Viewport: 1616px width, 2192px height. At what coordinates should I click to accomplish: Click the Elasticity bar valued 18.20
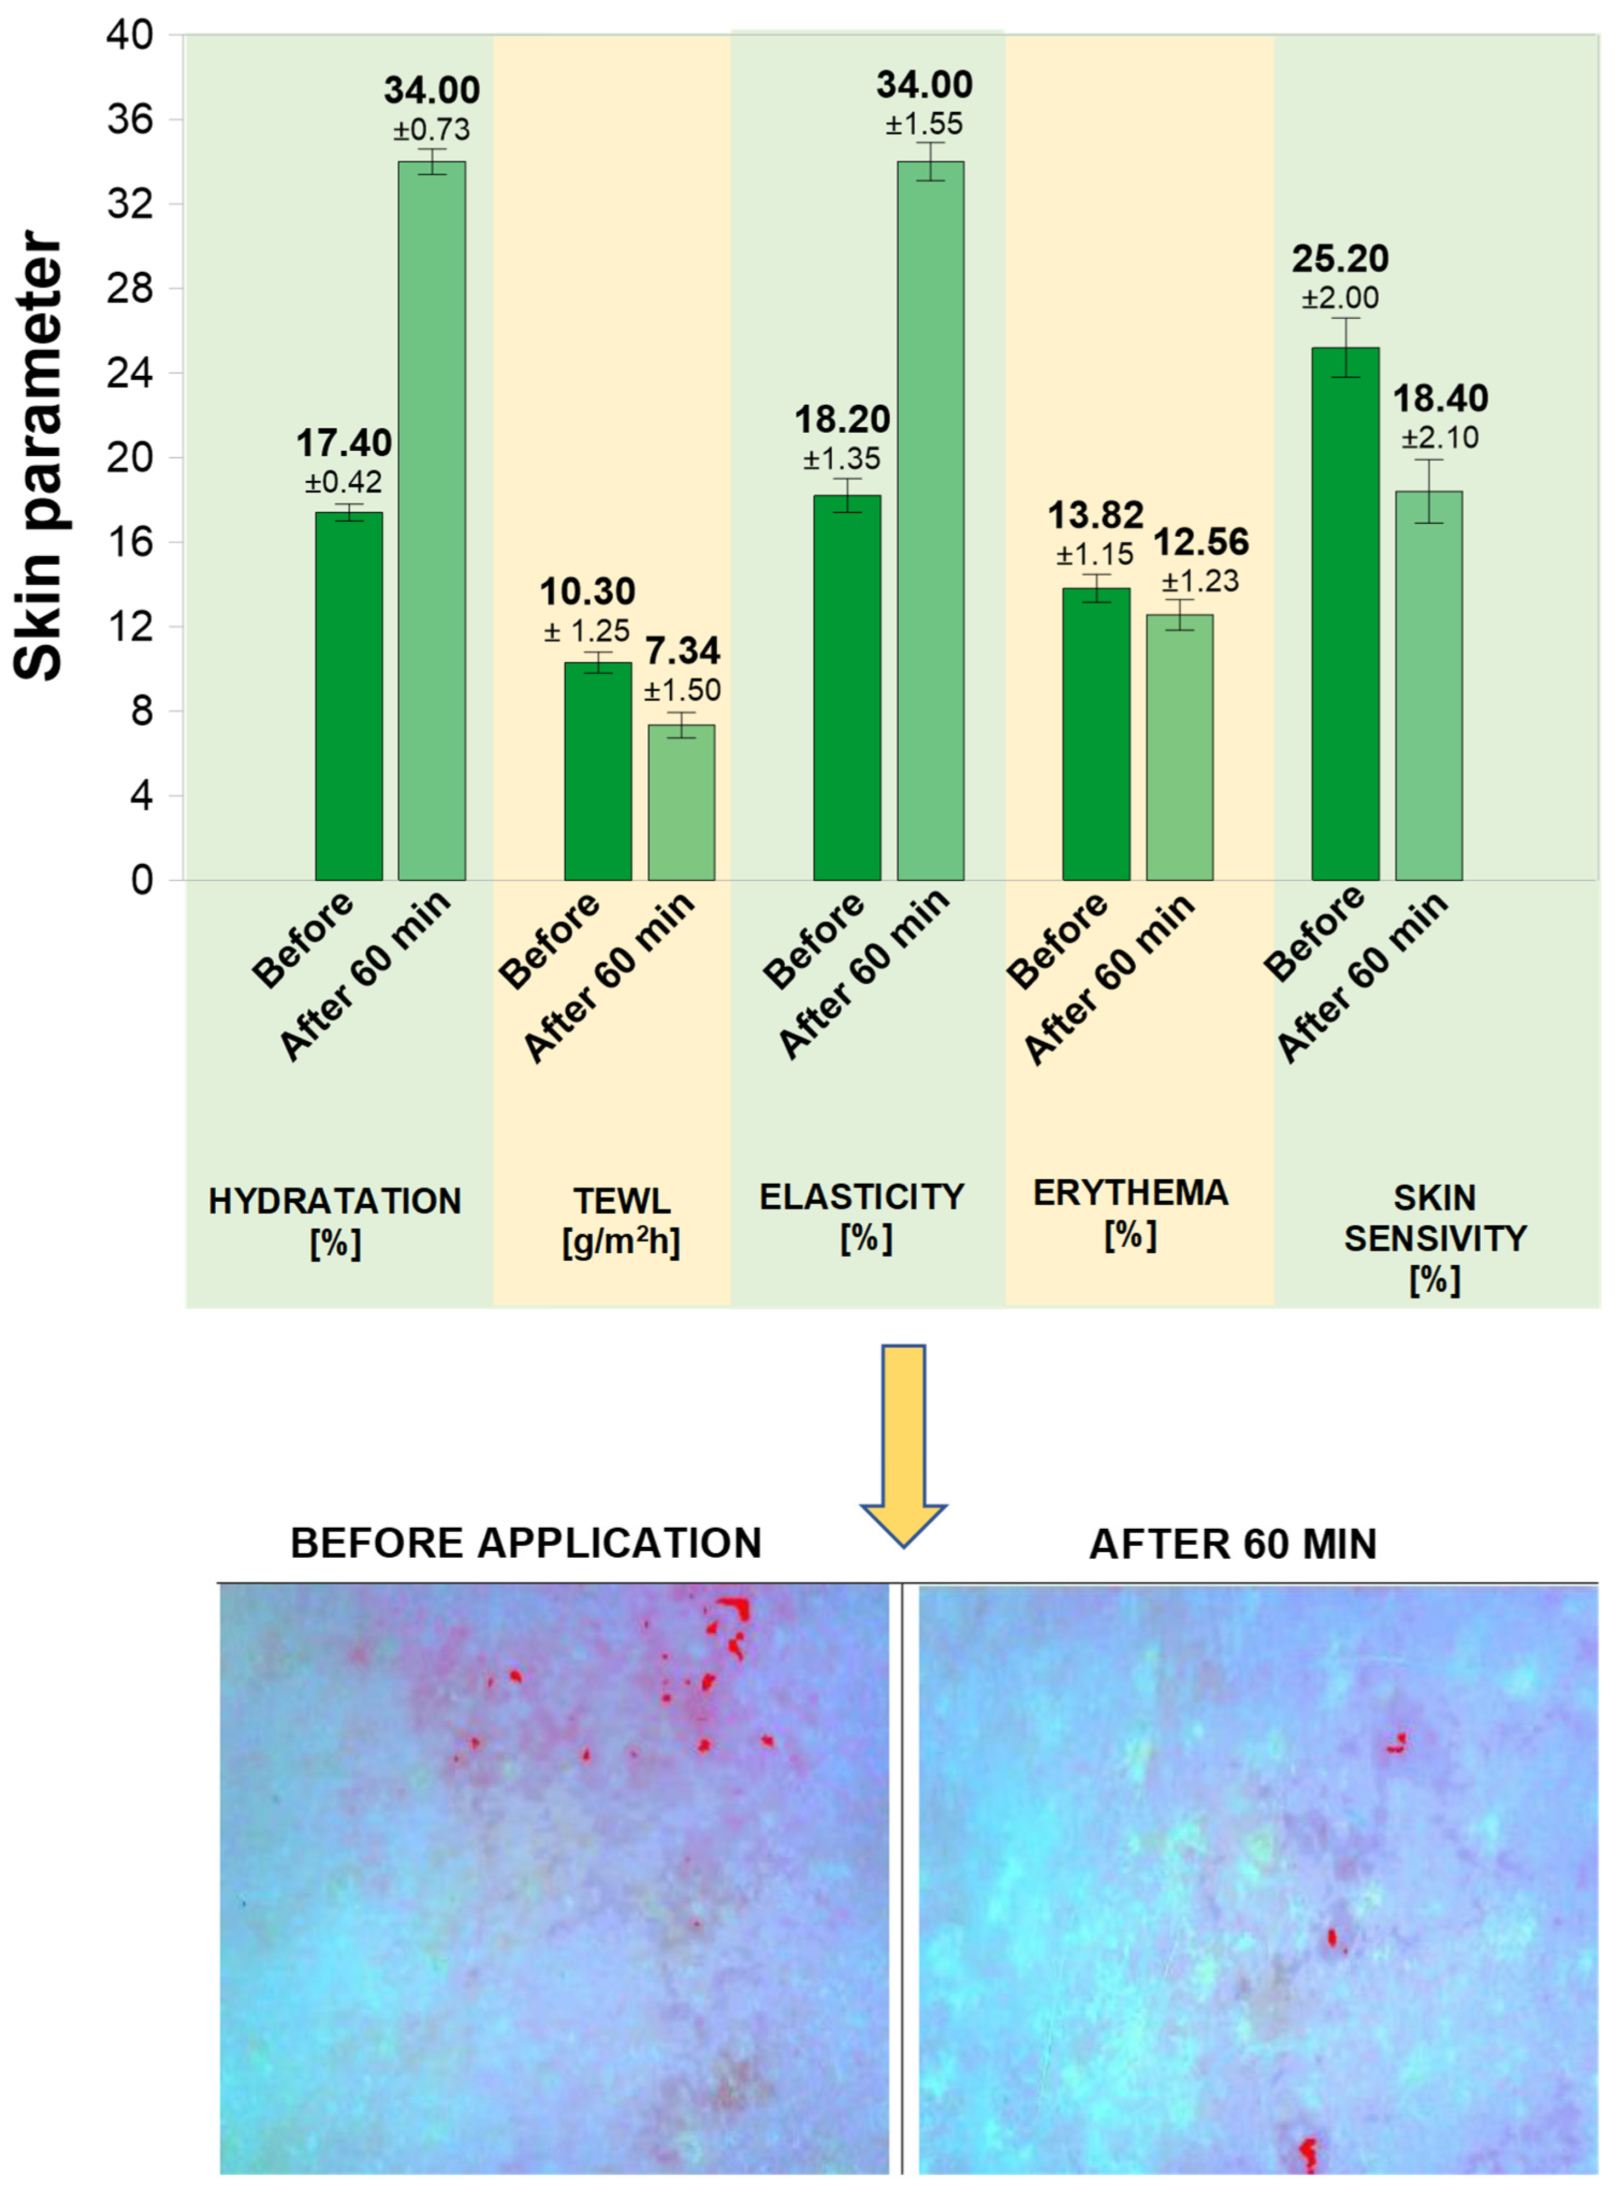pos(847,687)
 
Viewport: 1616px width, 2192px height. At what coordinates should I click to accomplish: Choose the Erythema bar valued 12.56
pos(1180,747)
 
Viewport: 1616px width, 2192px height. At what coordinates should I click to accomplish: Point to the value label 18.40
pos(1440,399)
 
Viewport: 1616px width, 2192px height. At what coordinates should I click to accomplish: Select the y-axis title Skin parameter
pos(39,456)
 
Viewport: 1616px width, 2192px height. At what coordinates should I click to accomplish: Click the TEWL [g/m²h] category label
pos(621,1221)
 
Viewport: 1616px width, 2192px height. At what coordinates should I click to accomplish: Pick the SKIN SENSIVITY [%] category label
pos(1435,1238)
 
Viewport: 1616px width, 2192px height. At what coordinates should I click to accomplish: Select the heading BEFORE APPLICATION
pos(526,1543)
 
